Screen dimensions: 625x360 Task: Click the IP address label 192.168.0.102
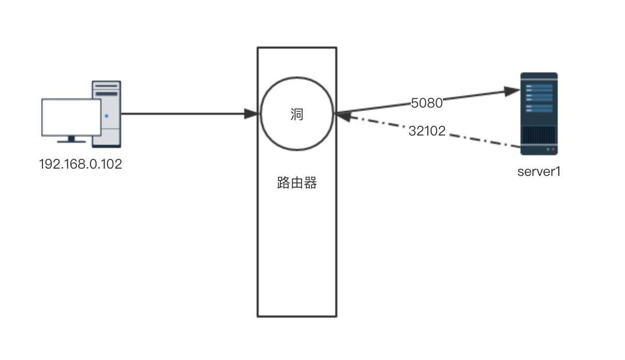tap(81, 164)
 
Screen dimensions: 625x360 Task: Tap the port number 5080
tap(427, 103)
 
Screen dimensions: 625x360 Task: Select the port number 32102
tap(427, 131)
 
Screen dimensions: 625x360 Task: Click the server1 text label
tap(539, 172)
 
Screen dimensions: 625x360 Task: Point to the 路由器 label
tap(297, 183)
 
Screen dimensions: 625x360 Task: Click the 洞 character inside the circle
tap(296, 114)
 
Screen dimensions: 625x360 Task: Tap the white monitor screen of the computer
tap(71, 117)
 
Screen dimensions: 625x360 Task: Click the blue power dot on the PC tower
tap(106, 116)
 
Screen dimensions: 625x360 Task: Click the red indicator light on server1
tap(553, 150)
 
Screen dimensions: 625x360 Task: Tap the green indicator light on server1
tap(548, 150)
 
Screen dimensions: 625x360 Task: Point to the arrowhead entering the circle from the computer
tap(251, 114)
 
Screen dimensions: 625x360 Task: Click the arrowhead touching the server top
tap(512, 91)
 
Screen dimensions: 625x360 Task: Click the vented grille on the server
tap(539, 135)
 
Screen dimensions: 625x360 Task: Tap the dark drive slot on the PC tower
tap(107, 94)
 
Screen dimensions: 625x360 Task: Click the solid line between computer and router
tap(183, 114)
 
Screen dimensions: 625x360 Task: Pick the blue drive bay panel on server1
tap(539, 98)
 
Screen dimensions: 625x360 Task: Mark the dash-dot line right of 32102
tap(483, 141)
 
